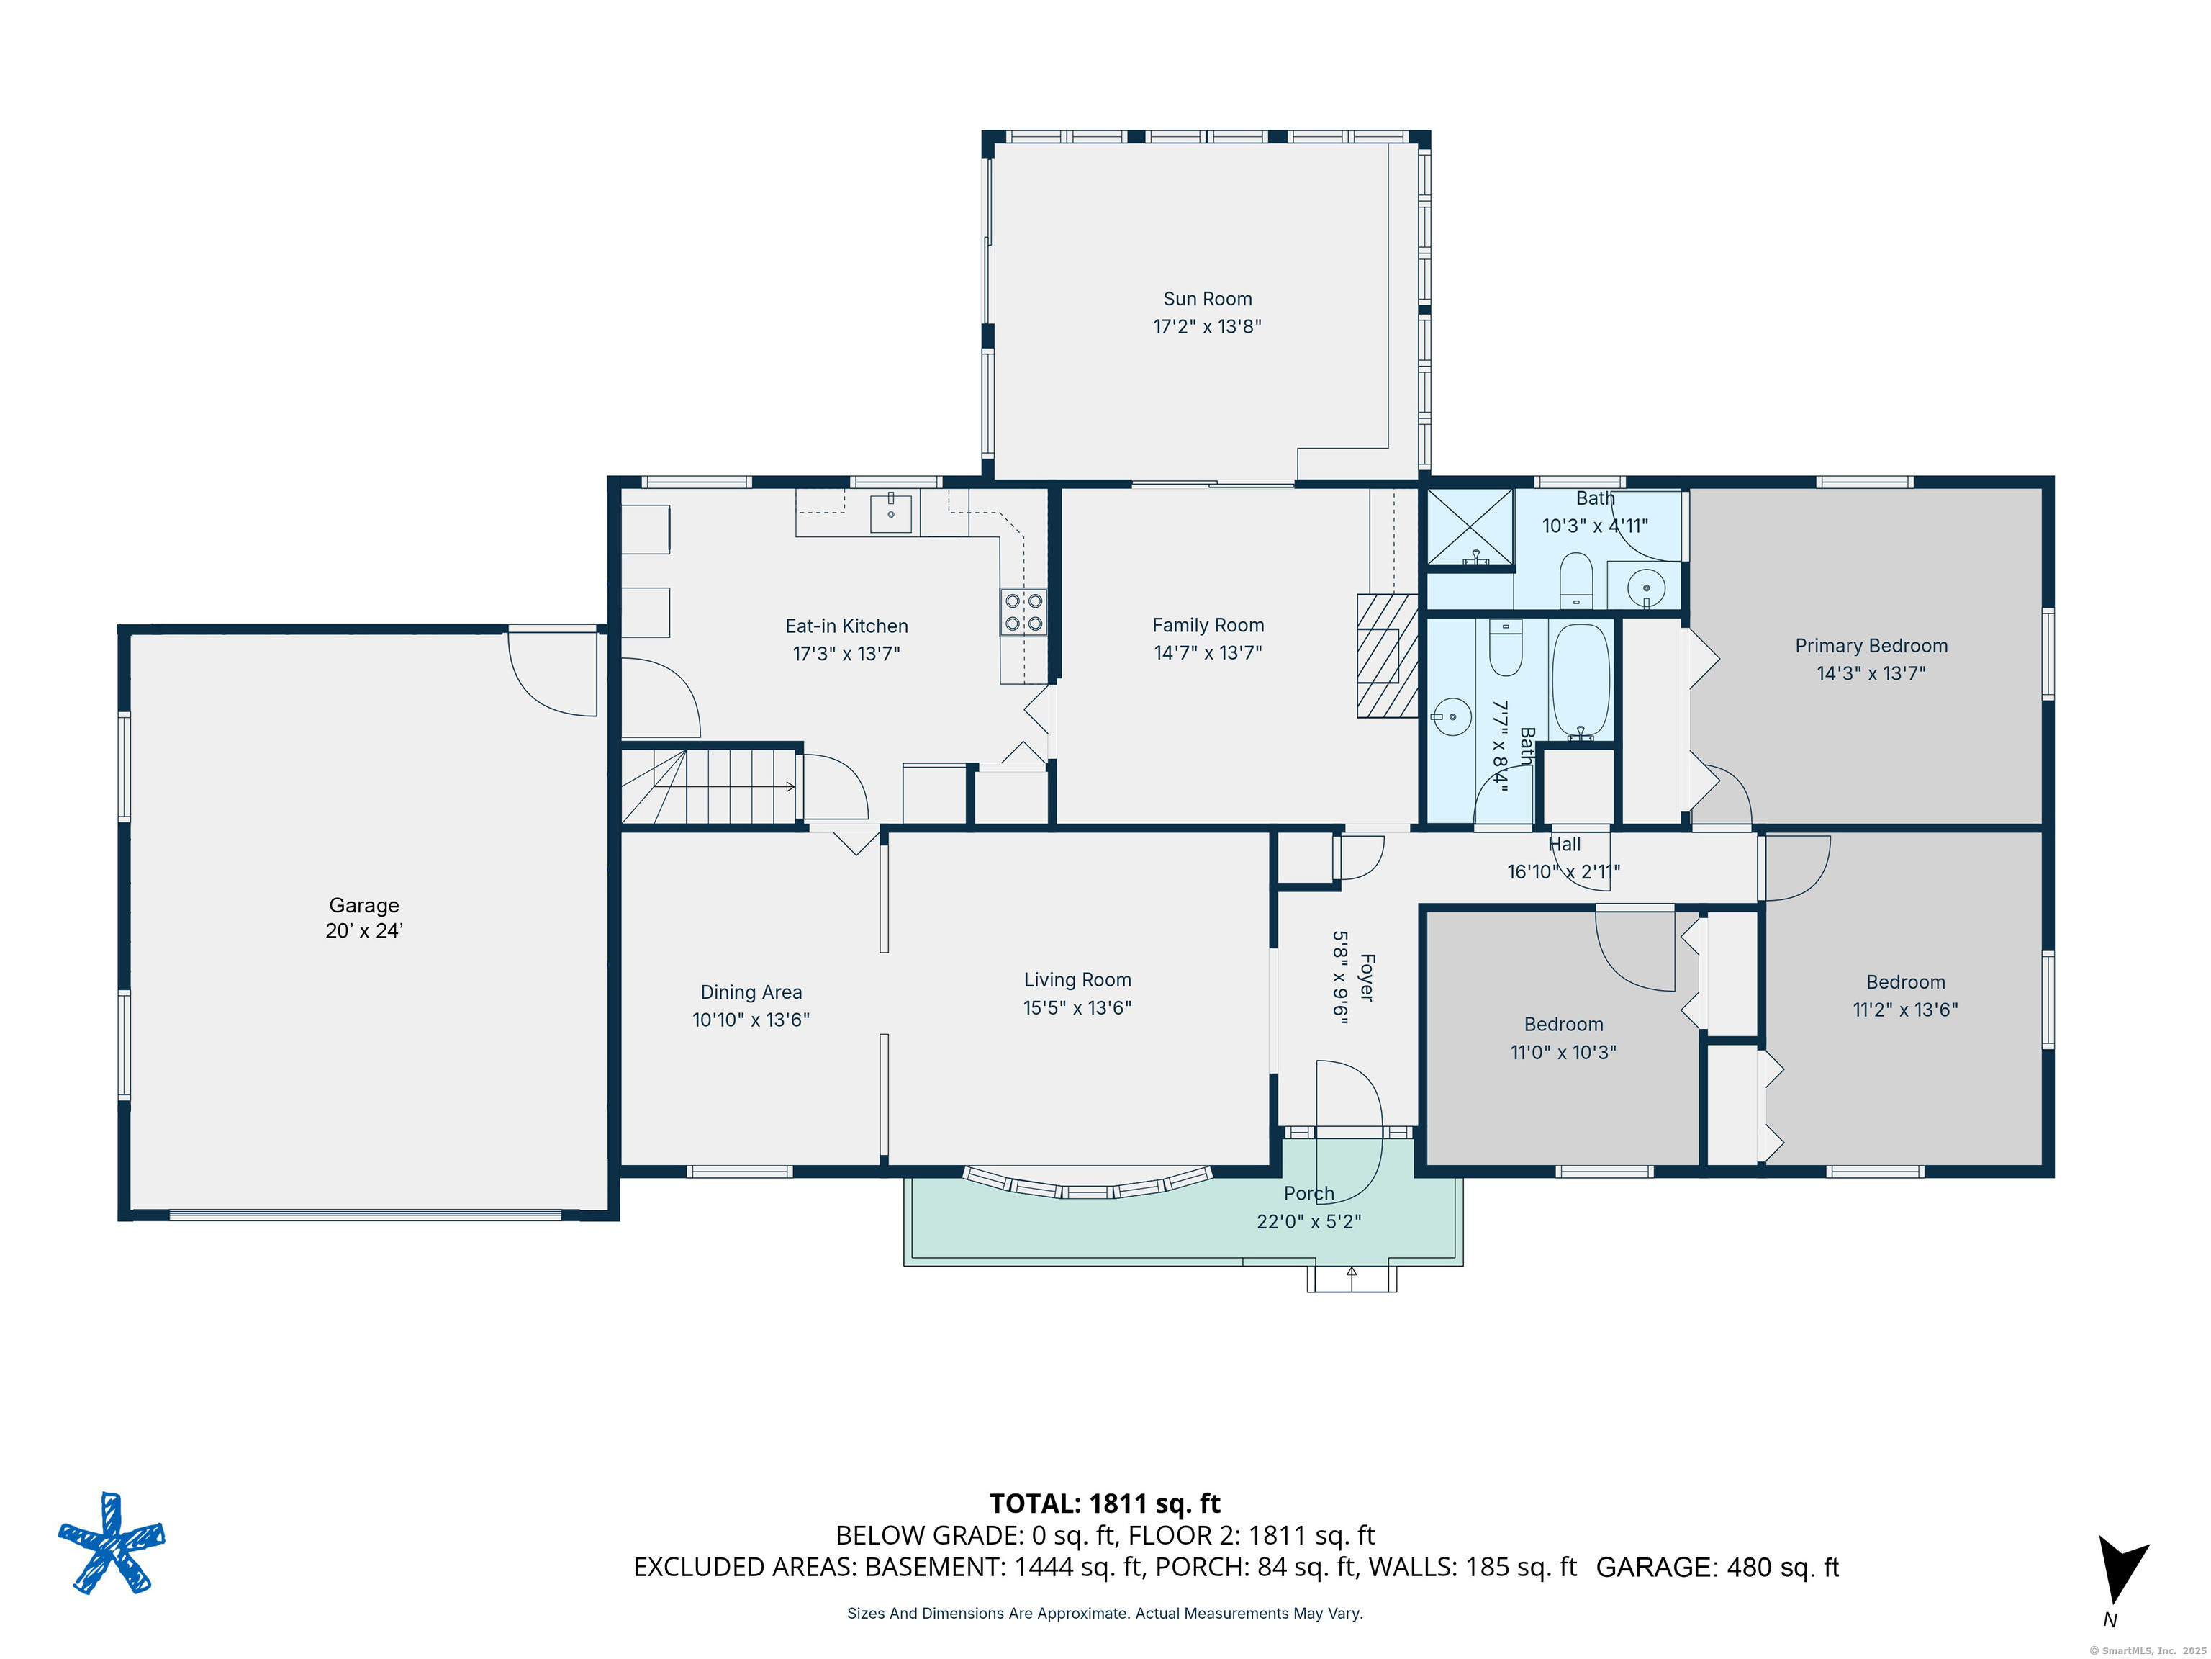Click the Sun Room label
[1208, 299]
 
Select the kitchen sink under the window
[890, 513]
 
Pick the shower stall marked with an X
[1470, 527]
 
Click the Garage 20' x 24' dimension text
[364, 931]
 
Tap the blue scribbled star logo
[112, 1543]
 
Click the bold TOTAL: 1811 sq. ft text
[1105, 1504]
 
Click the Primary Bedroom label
[1871, 646]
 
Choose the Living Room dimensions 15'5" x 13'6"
[1077, 1008]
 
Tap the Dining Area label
[751, 992]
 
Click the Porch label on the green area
[1309, 1193]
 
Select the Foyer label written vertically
[1366, 977]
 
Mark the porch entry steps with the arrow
[1352, 1279]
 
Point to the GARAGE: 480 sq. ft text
[1717, 1567]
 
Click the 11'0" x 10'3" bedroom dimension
[1563, 1052]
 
